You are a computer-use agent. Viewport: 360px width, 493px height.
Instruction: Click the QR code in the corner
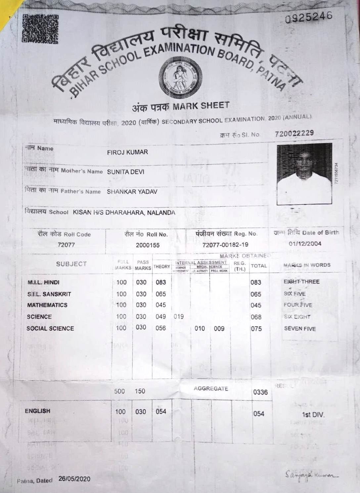40,29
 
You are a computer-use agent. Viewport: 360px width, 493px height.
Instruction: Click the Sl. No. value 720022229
294,133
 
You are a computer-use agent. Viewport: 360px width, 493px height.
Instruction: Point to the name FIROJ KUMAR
127,152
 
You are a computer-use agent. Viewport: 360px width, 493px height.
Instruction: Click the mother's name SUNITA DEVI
125,172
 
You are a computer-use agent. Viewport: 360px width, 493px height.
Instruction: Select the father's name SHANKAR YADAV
132,192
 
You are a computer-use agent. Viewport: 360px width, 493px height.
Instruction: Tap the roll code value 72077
66,245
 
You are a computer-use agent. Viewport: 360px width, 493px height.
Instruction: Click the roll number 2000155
148,245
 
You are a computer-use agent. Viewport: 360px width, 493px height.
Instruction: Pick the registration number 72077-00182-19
225,245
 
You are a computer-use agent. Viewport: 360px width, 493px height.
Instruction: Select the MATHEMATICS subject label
47,305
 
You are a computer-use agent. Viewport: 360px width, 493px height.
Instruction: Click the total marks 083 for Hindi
256,283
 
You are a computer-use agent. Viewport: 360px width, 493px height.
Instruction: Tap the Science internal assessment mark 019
179,317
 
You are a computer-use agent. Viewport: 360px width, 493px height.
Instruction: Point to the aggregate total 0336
260,392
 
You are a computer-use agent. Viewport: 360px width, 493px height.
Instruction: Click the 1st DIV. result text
313,415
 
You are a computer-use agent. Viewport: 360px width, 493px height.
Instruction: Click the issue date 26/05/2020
74,479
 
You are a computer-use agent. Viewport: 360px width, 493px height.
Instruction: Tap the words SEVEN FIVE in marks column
300,329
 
